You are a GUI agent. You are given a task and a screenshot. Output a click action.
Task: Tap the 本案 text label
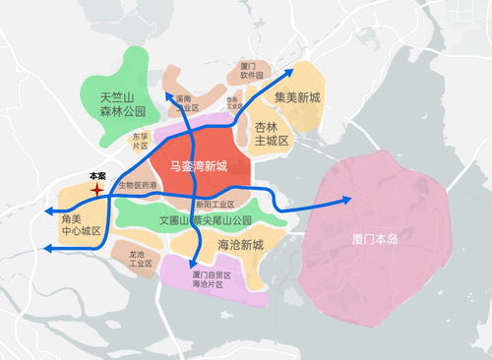tap(97, 175)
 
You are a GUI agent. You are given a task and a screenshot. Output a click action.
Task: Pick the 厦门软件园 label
tap(253, 71)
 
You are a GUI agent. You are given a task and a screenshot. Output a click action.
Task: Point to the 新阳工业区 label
tap(215, 204)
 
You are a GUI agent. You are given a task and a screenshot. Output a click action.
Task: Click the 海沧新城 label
tap(239, 244)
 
